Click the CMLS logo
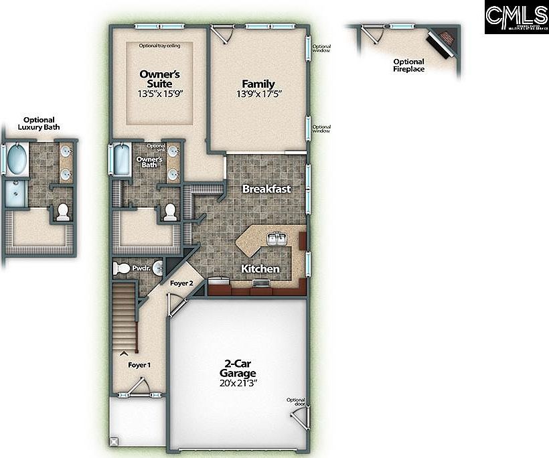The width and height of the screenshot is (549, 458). pyautogui.click(x=516, y=17)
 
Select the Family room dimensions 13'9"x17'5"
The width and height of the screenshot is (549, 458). pyautogui.click(x=258, y=94)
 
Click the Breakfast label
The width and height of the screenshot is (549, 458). pyautogui.click(x=266, y=189)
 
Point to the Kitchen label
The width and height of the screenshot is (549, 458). pyautogui.click(x=260, y=269)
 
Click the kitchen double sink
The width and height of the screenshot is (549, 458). pyautogui.click(x=277, y=238)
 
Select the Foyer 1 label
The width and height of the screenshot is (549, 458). pyautogui.click(x=140, y=365)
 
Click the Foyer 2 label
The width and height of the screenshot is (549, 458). pyautogui.click(x=181, y=283)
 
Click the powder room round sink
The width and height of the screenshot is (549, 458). pyautogui.click(x=158, y=269)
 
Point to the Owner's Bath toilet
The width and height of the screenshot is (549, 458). pyautogui.click(x=170, y=212)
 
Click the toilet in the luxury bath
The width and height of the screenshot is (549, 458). pyautogui.click(x=63, y=212)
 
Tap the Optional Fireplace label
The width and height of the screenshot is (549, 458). pyautogui.click(x=408, y=65)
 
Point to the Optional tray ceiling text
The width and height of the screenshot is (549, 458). pyautogui.click(x=159, y=46)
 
